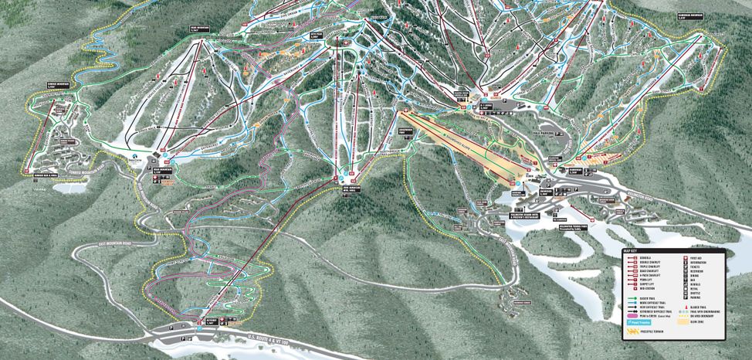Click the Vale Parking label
(544, 133)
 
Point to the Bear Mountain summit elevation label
(198, 29)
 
